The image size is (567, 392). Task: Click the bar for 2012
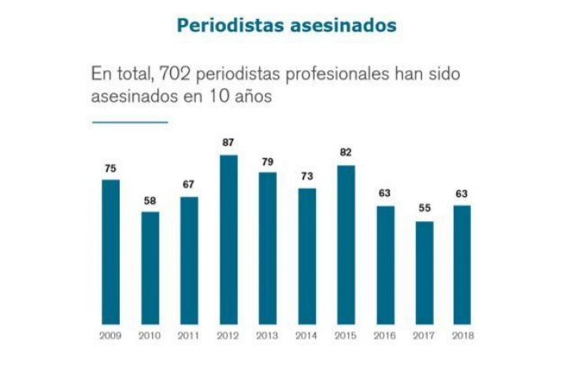(228, 239)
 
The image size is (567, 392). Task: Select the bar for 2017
(424, 272)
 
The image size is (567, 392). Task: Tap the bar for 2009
(111, 252)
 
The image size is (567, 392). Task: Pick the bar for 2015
(346, 244)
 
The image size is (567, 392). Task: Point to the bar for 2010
(150, 268)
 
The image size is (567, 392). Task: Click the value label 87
(228, 142)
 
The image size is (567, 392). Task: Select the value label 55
(424, 209)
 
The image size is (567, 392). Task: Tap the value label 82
(346, 152)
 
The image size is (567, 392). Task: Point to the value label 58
(150, 200)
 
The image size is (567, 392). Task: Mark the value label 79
(268, 161)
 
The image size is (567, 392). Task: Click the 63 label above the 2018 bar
(463, 193)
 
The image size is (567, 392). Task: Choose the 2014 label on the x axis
(306, 335)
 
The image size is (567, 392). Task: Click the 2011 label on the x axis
(189, 335)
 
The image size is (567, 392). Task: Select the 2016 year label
(385, 335)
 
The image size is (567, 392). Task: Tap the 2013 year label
(268, 335)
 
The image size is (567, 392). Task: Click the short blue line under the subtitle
(130, 122)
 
